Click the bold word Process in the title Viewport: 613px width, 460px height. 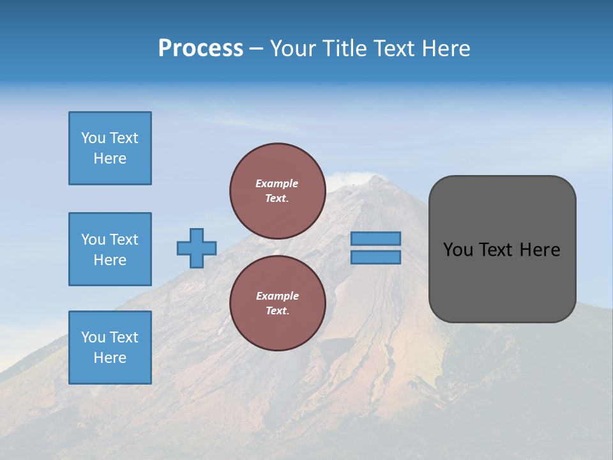click(x=201, y=49)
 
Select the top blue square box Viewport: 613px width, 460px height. click(x=110, y=148)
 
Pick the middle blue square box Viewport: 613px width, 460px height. click(x=110, y=249)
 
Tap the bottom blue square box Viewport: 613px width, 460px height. click(x=110, y=347)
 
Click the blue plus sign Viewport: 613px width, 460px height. click(x=197, y=248)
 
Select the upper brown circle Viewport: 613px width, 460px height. click(x=277, y=190)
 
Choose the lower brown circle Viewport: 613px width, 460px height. click(x=277, y=303)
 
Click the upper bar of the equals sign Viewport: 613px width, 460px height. click(x=375, y=239)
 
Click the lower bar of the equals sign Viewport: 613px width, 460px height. click(x=375, y=257)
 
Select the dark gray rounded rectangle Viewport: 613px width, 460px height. click(x=502, y=281)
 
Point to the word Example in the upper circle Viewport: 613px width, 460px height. click(x=276, y=183)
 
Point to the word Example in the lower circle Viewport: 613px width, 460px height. click(x=277, y=296)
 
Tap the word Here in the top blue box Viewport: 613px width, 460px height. click(x=110, y=158)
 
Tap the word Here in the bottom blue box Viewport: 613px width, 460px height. click(x=110, y=358)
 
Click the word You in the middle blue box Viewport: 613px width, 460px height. click(x=93, y=240)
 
